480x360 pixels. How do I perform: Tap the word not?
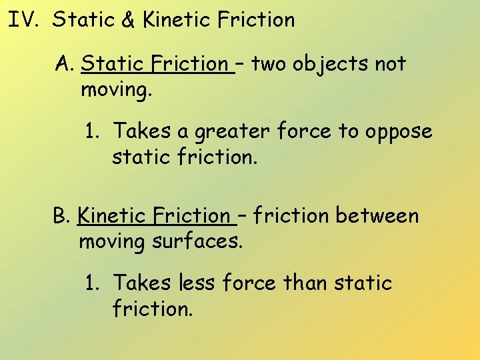(390, 64)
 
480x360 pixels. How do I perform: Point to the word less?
(197, 283)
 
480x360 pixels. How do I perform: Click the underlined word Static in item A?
(113, 64)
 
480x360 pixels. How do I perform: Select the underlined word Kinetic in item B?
(111, 216)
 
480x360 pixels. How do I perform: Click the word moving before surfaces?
(112, 241)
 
